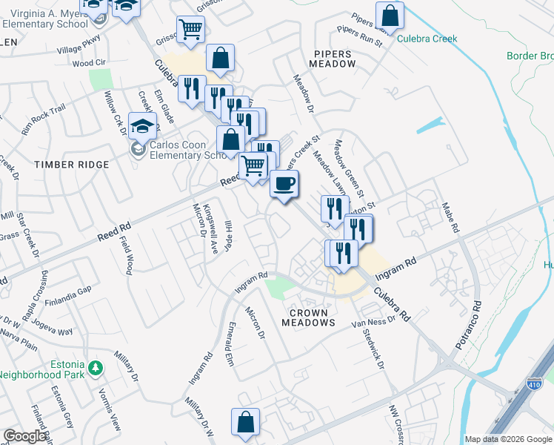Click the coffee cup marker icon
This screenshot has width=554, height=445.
pos(283,184)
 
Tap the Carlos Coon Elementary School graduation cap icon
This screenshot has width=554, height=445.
pos(141,127)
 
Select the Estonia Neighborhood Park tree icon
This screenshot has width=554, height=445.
pos(95,367)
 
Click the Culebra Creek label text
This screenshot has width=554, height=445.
pos(427,39)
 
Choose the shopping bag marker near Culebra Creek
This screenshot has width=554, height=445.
pos(390,16)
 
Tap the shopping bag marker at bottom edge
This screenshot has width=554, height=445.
pos(245,422)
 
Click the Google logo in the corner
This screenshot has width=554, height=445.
pos(24,436)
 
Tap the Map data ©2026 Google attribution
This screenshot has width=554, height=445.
pos(508,439)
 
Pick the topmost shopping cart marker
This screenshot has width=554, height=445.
pos(190,30)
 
